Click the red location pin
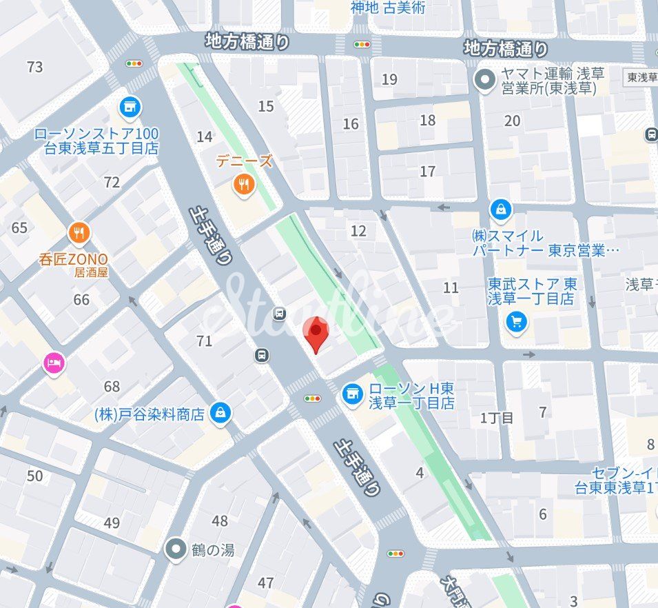(x=315, y=334)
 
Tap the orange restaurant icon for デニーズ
(x=243, y=183)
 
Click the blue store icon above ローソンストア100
(x=128, y=107)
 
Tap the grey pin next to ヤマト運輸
(x=486, y=81)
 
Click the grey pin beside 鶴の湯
(x=176, y=549)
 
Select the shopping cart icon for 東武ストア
(x=516, y=321)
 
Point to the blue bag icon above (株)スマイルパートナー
(x=500, y=209)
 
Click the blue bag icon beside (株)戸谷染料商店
(x=220, y=413)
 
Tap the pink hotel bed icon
(x=54, y=363)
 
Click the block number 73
(x=34, y=67)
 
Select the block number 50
(x=34, y=476)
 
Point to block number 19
(x=389, y=79)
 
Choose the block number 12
(x=358, y=231)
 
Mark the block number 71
(x=205, y=341)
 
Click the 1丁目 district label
(x=497, y=418)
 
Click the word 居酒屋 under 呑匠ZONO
(x=92, y=272)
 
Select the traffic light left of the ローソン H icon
(x=313, y=398)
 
